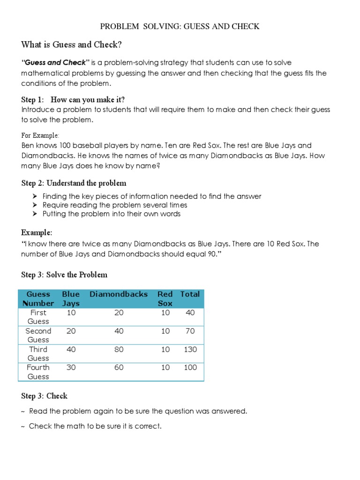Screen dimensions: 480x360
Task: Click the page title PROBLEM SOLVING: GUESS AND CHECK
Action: pyautogui.click(x=180, y=26)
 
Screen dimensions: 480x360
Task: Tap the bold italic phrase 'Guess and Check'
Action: pyautogui.click(x=56, y=62)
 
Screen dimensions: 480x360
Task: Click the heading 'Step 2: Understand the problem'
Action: pyautogui.click(x=74, y=183)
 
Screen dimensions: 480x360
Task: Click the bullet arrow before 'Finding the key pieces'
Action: pyautogui.click(x=36, y=196)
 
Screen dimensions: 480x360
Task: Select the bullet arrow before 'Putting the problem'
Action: pyautogui.click(x=36, y=214)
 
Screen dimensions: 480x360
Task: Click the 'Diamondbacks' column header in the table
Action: pyautogui.click(x=119, y=294)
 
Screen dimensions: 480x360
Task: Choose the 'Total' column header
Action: pyautogui.click(x=190, y=294)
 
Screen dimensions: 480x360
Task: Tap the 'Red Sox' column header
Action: pyautogui.click(x=165, y=299)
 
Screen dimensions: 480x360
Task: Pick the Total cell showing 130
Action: pyautogui.click(x=190, y=349)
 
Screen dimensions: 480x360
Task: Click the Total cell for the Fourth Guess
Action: pyautogui.click(x=190, y=367)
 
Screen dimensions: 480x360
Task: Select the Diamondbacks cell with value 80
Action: pyautogui.click(x=119, y=349)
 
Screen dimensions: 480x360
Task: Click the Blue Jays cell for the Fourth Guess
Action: pyautogui.click(x=71, y=367)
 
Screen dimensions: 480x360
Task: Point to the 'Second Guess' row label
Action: pyautogui.click(x=38, y=335)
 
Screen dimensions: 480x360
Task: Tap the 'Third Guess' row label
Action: pyautogui.click(x=38, y=353)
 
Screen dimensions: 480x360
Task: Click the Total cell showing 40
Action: pyautogui.click(x=190, y=313)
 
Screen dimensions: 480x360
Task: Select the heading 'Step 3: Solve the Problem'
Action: pyautogui.click(x=64, y=275)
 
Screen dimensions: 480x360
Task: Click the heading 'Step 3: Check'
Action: pyautogui.click(x=44, y=396)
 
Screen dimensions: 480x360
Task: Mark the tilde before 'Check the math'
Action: pyautogui.click(x=23, y=427)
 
